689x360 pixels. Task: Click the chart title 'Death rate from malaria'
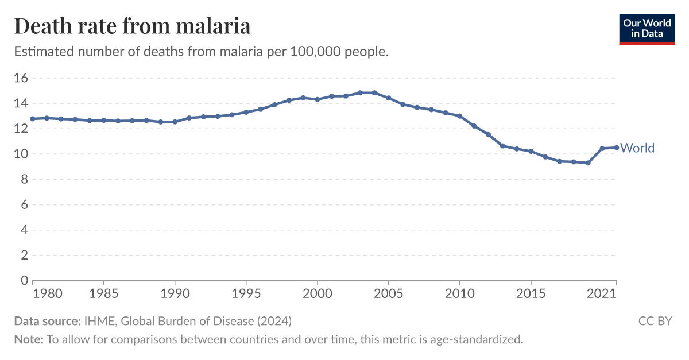pos(132,26)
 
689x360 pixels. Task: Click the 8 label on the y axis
pos(24,179)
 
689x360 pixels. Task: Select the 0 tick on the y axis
pos(24,280)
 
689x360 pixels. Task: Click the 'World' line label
pos(637,148)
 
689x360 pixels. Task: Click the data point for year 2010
pos(459,116)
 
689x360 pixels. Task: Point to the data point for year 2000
pos(317,99)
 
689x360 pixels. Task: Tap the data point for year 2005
pos(388,98)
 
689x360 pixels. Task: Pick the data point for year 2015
pos(531,151)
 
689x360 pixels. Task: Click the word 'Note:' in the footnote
pos(29,339)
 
